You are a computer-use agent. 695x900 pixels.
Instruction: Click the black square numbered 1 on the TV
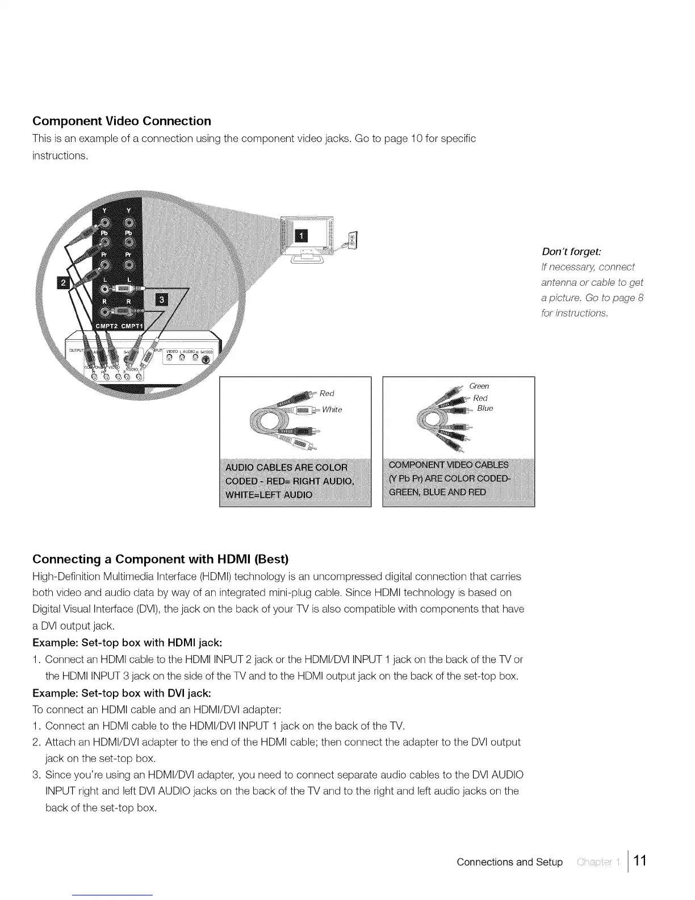pyautogui.click(x=301, y=236)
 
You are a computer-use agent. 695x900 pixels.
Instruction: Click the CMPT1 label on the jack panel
pyautogui.click(x=132, y=325)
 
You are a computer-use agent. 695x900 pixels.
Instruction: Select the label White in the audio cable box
pyautogui.click(x=332, y=410)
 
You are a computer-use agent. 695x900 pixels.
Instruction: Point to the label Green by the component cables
pyautogui.click(x=479, y=386)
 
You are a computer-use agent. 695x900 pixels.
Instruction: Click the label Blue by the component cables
pyautogui.click(x=485, y=409)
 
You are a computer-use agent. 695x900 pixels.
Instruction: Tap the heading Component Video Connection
pyautogui.click(x=122, y=121)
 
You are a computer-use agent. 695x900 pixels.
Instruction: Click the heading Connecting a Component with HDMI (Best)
pyautogui.click(x=161, y=559)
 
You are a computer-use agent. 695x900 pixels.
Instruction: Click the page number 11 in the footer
pyautogui.click(x=640, y=860)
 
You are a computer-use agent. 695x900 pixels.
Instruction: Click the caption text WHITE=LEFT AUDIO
pyautogui.click(x=269, y=494)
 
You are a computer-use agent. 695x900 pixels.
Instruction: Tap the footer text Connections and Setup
pyautogui.click(x=509, y=862)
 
